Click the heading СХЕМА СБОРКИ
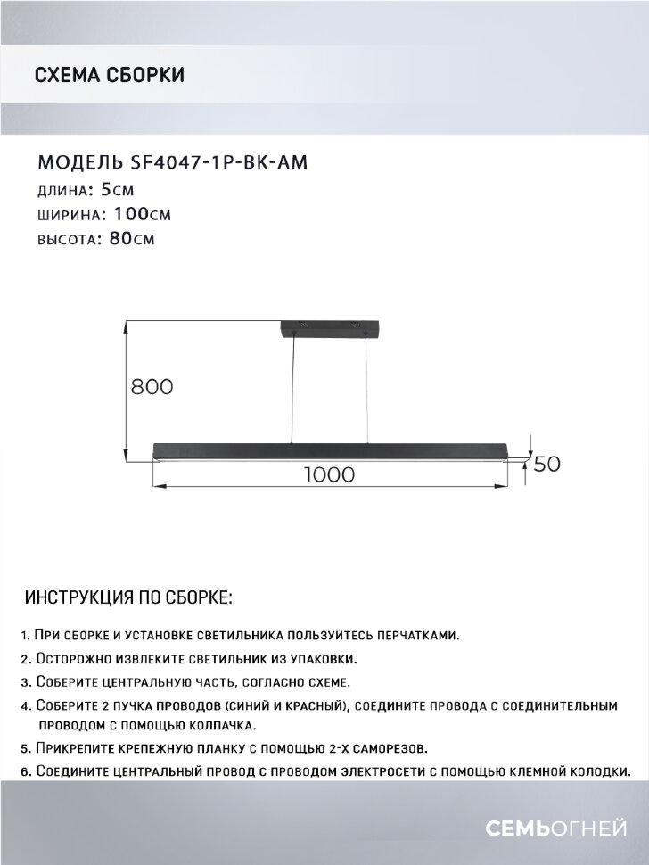point(109,75)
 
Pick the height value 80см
point(130,240)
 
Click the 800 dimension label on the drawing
point(151,387)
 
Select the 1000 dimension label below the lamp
point(329,475)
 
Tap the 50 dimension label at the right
point(546,465)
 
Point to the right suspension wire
point(367,388)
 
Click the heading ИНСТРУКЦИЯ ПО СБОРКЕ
point(129,596)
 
